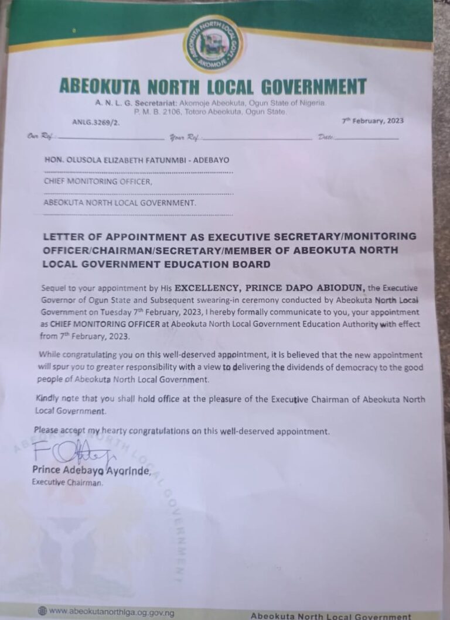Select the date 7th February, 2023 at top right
(373, 121)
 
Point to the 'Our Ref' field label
(39, 137)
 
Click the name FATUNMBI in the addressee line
(174, 159)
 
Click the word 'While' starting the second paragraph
(50, 355)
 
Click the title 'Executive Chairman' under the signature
(67, 483)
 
